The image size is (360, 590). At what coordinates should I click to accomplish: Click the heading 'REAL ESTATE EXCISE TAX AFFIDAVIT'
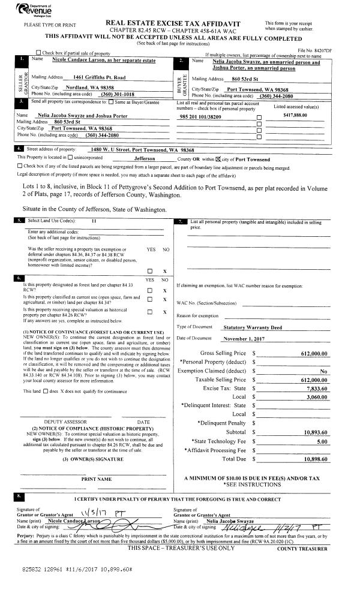point(178,22)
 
